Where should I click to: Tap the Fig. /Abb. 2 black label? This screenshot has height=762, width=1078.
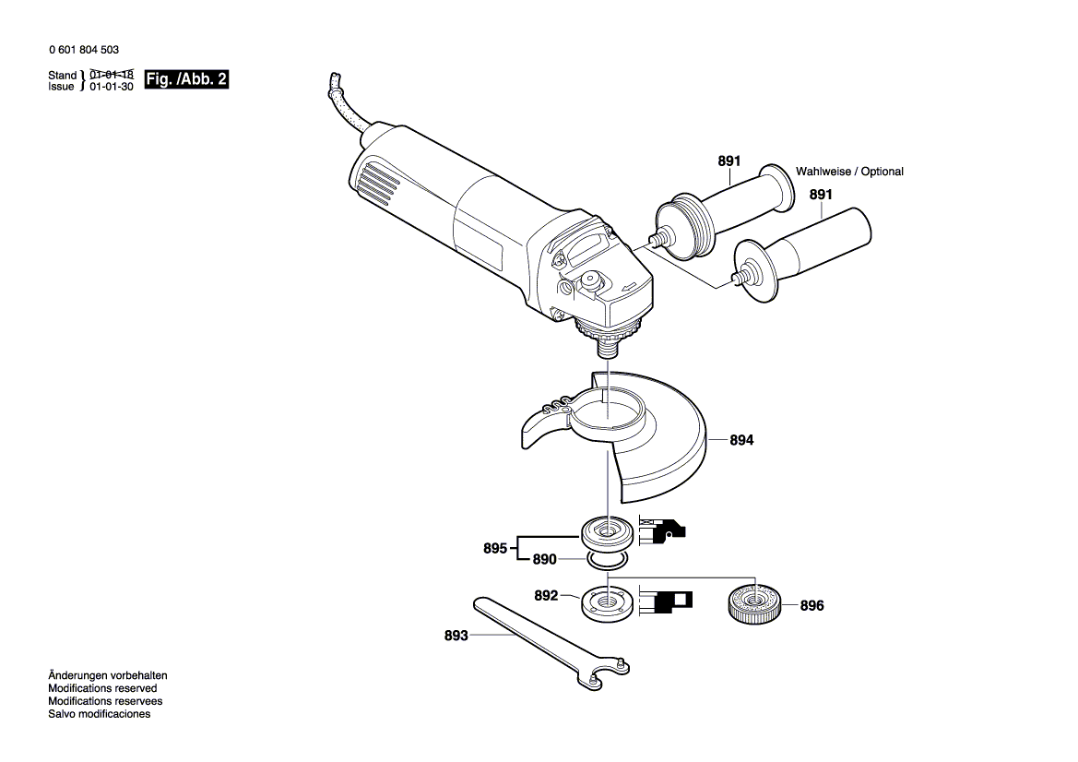coord(187,80)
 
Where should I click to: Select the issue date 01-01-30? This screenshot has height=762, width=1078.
coord(112,87)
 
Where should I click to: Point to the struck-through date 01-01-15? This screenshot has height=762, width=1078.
coord(112,74)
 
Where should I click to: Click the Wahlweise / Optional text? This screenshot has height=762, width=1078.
coord(849,172)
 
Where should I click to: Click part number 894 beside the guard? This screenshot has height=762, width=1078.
coord(741,441)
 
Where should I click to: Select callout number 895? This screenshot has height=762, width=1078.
coord(495,549)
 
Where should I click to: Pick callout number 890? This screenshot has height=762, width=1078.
coord(545,560)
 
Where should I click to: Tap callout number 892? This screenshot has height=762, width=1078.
coord(546,596)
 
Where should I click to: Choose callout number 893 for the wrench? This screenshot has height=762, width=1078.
coord(456,636)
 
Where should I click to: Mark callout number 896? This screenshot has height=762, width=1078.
coord(811,606)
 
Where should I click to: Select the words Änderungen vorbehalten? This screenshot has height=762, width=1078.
coord(108,675)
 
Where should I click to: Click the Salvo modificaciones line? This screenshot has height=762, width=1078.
coord(99,714)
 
